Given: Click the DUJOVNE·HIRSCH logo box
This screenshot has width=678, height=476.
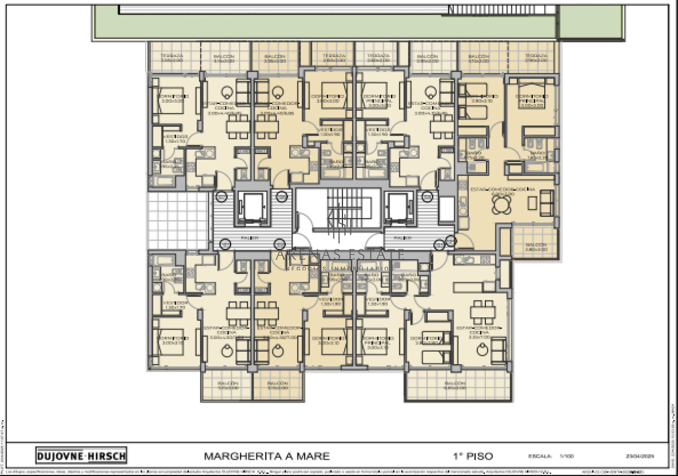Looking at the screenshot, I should click(x=81, y=455).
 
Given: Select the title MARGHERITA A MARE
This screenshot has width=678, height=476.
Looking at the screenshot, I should click(x=266, y=456).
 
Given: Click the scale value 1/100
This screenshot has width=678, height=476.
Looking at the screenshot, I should click(x=566, y=456).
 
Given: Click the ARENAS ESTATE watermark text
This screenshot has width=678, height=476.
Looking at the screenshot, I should click(x=339, y=255).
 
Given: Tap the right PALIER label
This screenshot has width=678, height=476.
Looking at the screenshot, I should click(x=402, y=238).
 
